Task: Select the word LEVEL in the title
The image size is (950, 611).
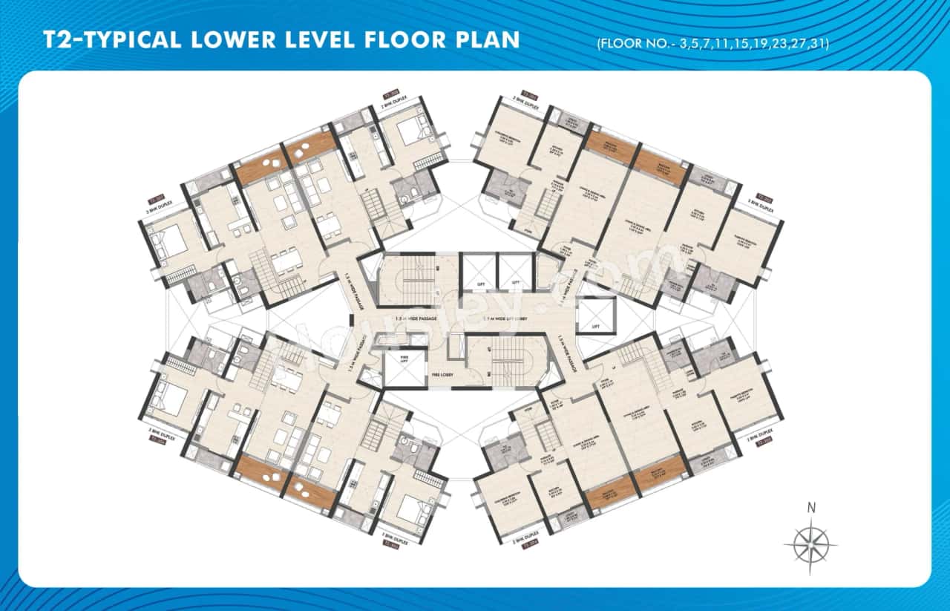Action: tap(321, 39)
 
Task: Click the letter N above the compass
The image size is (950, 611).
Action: tap(811, 509)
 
